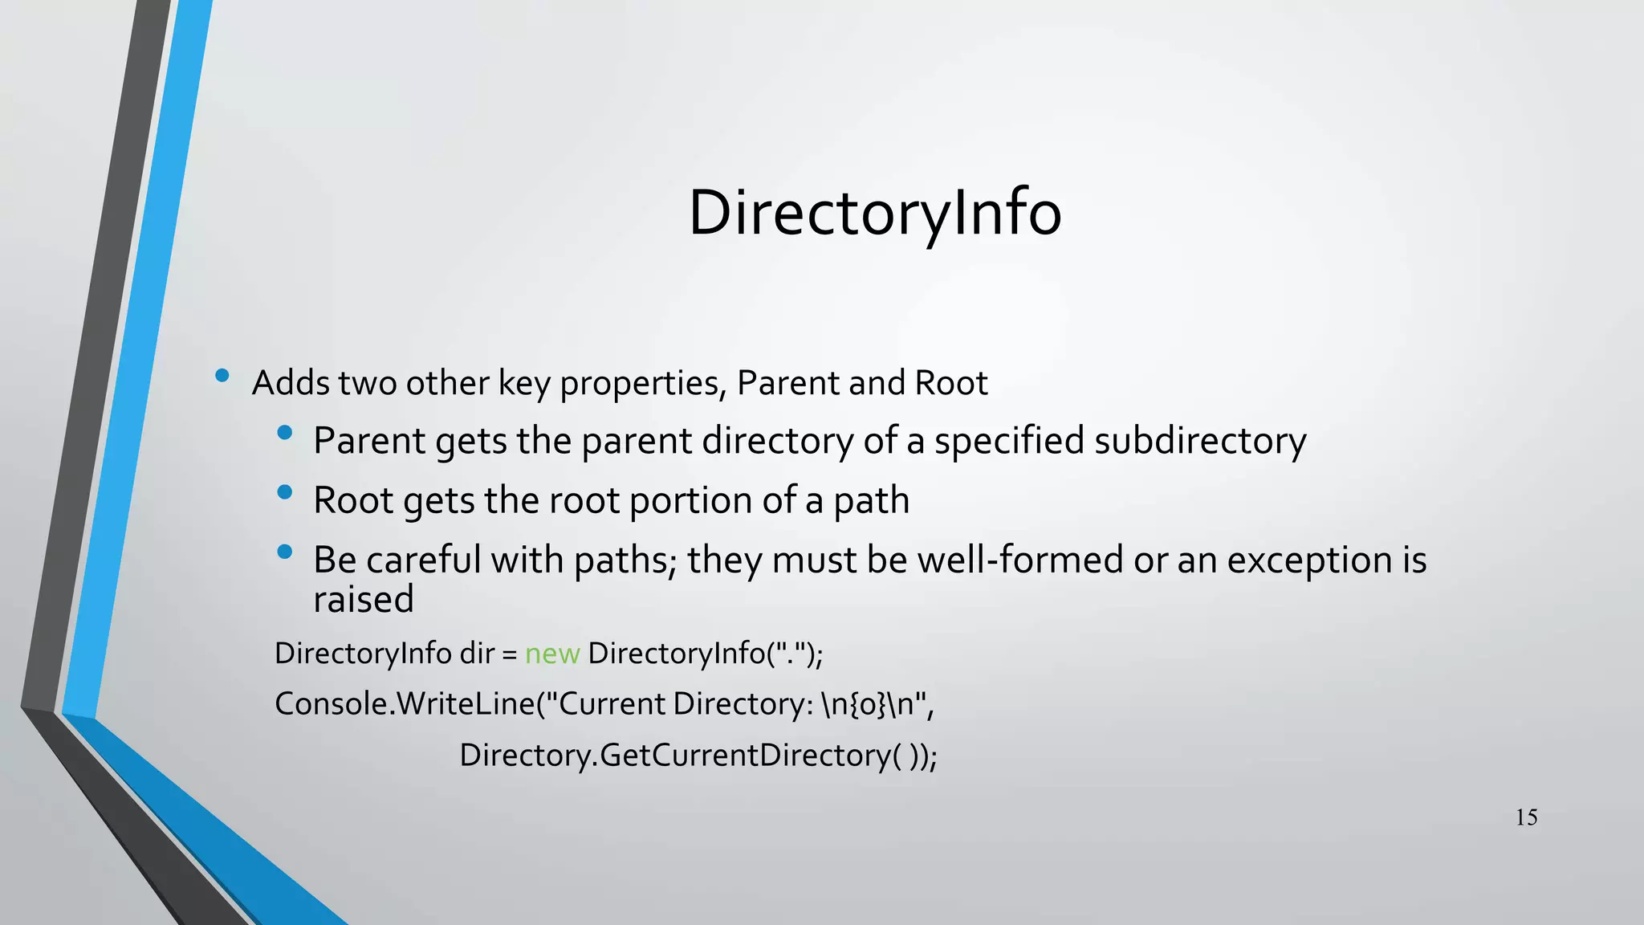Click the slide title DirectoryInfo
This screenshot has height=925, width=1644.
(x=875, y=213)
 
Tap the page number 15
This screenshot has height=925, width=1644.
(x=1526, y=817)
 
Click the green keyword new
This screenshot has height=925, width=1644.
(x=551, y=654)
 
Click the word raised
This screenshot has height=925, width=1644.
(x=363, y=599)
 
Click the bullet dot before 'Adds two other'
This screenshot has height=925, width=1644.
(x=222, y=375)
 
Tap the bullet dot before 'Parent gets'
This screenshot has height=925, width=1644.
(x=284, y=433)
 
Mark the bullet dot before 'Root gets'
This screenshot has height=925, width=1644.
(x=284, y=492)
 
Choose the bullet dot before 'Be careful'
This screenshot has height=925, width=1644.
(x=284, y=552)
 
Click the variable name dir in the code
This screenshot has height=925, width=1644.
(x=476, y=654)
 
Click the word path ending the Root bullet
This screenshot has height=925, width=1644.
(x=871, y=500)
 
